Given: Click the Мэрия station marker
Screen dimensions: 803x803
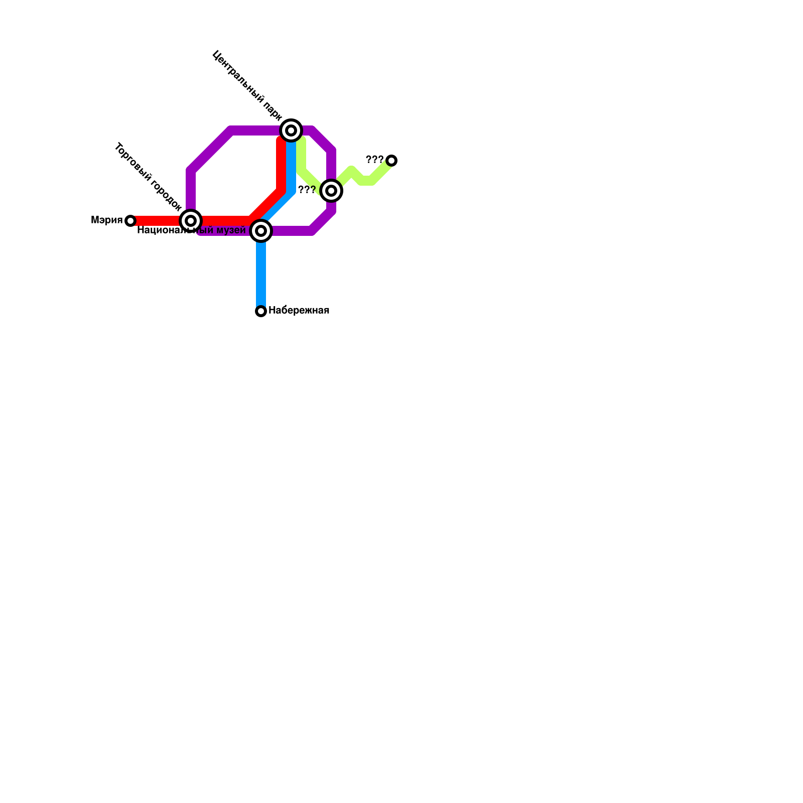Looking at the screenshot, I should point(130,221).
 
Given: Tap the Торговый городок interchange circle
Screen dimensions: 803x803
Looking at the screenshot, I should point(191,221).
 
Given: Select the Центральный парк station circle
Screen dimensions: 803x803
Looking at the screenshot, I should point(291,130).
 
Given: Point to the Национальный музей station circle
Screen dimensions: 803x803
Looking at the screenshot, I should point(261,231).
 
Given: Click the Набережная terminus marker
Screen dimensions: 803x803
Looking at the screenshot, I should point(261,311).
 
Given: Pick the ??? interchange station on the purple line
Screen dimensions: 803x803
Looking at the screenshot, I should point(331,191).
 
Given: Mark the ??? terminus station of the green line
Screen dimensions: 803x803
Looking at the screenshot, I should point(391,161).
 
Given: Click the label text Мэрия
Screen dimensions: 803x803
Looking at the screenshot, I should point(106,220).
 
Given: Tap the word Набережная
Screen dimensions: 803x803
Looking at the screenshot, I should point(299,311).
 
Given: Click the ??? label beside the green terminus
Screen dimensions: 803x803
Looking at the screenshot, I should point(374,160).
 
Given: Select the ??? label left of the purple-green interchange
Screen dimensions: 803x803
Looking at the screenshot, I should point(307,190).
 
